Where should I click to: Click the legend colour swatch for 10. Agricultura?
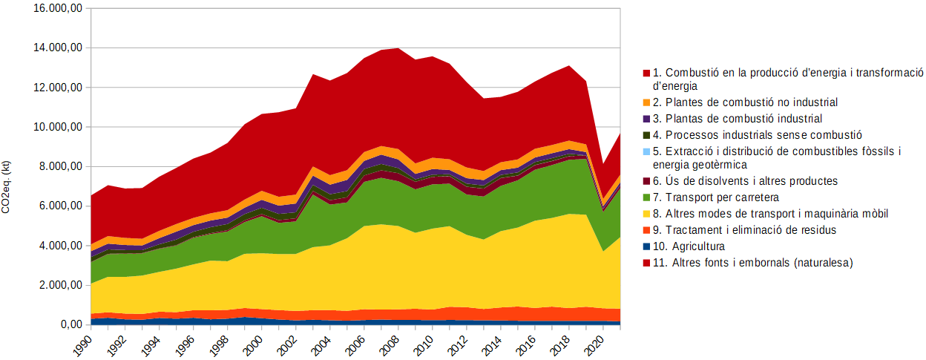tap(646, 246)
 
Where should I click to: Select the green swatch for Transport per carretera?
tap(646, 197)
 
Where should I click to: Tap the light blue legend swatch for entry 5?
tap(646, 151)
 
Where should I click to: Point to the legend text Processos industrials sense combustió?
tap(757, 134)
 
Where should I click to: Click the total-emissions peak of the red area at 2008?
tap(399, 48)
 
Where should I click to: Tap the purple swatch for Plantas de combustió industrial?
tap(646, 119)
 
